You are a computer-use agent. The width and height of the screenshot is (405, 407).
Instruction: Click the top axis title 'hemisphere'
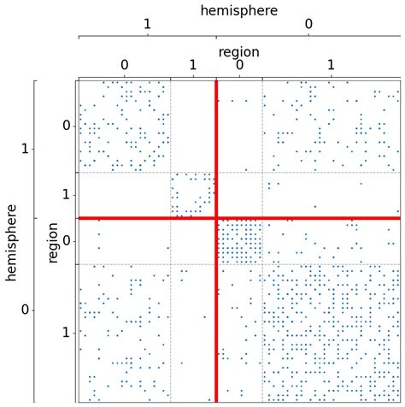[x=238, y=10]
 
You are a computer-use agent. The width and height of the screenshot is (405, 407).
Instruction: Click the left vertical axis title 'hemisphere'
[x=11, y=241]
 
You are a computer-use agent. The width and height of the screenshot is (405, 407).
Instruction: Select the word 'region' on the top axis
[x=238, y=52]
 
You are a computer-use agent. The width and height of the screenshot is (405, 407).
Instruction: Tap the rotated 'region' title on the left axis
[x=53, y=241]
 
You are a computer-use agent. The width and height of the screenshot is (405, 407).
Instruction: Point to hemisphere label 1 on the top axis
[x=147, y=26]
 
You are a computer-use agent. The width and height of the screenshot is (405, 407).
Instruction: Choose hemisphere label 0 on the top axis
[x=308, y=26]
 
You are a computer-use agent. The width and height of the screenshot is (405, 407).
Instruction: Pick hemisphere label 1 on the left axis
[x=25, y=150]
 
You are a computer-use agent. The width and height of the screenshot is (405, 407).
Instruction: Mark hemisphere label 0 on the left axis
[x=25, y=310]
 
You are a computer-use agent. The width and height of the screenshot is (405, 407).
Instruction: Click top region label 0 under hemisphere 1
[x=124, y=65]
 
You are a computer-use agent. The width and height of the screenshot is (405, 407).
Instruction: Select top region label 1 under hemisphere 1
[x=193, y=65]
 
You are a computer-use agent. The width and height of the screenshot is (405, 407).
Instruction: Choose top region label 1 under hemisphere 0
[x=331, y=65]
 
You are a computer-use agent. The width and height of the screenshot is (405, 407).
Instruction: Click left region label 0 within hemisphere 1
[x=66, y=127]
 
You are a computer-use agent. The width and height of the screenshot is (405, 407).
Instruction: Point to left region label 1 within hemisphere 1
[x=66, y=195]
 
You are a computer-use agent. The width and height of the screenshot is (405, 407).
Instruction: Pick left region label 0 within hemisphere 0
[x=66, y=241]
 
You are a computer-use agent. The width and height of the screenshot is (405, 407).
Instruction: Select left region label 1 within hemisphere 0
[x=66, y=333]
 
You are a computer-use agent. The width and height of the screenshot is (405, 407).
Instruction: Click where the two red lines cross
[x=216, y=218]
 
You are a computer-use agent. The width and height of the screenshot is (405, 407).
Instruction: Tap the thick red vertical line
[x=216, y=325]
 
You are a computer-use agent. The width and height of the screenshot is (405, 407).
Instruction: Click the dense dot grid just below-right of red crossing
[x=238, y=241]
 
